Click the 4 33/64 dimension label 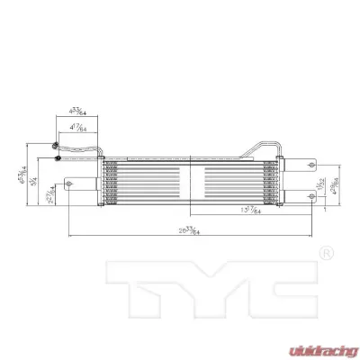click(76, 112)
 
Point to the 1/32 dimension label click(322, 185)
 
